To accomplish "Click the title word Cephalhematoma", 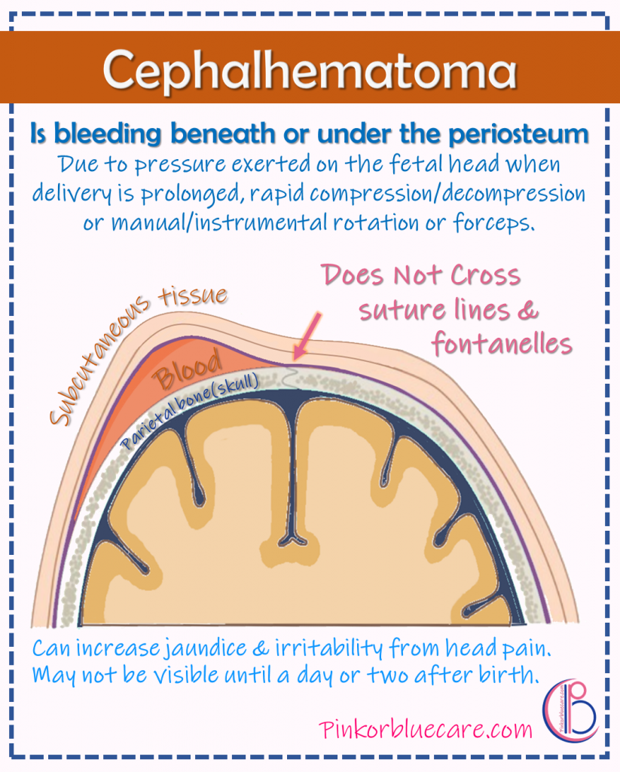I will click(x=310, y=69).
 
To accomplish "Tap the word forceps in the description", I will click(x=500, y=223).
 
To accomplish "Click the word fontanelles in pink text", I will click(x=502, y=344).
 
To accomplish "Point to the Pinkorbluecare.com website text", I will click(x=426, y=729).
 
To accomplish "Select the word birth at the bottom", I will click(x=510, y=675).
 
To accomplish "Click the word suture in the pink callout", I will click(x=401, y=311).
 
